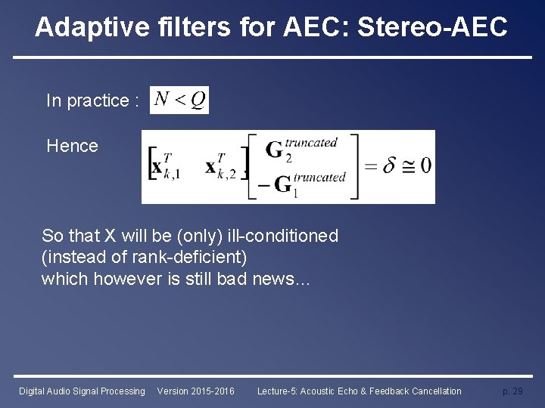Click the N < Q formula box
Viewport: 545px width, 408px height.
[x=179, y=100]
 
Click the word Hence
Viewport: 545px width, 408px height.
[x=72, y=146]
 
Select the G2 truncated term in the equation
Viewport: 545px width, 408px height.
[x=300, y=149]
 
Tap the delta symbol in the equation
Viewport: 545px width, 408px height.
[x=389, y=166]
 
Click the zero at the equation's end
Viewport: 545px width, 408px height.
[x=425, y=166]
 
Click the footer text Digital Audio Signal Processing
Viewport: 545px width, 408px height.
[x=82, y=391]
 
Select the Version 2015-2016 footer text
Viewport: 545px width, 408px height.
[x=195, y=391]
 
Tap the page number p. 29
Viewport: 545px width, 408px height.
[x=512, y=391]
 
